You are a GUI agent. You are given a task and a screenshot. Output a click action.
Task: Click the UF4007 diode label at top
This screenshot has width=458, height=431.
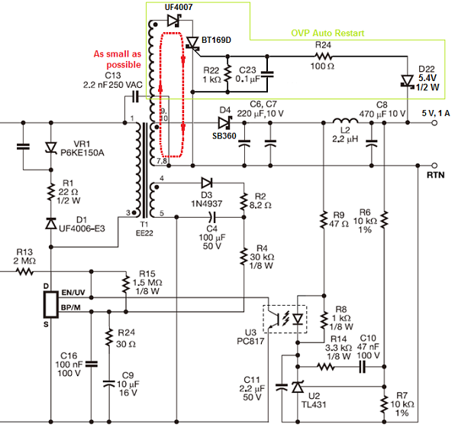[180, 7]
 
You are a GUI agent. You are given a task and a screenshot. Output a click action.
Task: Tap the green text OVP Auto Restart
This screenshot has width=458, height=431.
[327, 34]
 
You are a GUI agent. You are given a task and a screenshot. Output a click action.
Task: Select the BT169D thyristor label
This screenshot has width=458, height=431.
[218, 37]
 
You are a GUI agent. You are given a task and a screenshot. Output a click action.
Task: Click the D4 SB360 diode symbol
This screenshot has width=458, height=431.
[224, 122]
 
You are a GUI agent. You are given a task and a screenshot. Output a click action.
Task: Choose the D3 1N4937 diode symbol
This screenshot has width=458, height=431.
[207, 183]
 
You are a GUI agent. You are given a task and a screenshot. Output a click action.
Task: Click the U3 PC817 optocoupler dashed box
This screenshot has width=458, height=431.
[284, 318]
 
